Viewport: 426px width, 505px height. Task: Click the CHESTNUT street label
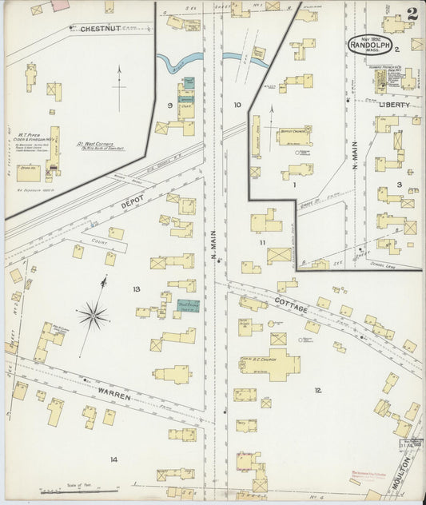tap(100, 29)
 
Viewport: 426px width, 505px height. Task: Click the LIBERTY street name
tap(394, 105)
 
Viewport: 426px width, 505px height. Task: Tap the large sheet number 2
tap(411, 14)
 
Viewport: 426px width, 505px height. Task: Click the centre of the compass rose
tap(94, 317)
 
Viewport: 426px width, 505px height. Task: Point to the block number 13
tap(137, 288)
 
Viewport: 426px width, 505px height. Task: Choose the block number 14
tap(114, 459)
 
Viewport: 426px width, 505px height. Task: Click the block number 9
tap(169, 105)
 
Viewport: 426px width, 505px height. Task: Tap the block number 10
tap(237, 105)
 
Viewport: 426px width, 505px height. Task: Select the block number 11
tap(261, 241)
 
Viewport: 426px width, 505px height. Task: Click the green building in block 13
tap(188, 304)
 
